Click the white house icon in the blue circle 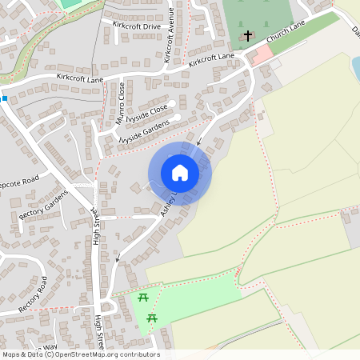(180, 173)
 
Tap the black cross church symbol (248, 36)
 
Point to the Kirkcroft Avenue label (170, 35)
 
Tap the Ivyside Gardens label (144, 130)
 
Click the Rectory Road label (33, 294)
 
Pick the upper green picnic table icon (143, 298)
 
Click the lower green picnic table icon (152, 319)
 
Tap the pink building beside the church (262, 55)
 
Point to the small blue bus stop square (4, 98)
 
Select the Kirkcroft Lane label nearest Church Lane (212, 58)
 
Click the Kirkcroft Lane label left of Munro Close (81, 76)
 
